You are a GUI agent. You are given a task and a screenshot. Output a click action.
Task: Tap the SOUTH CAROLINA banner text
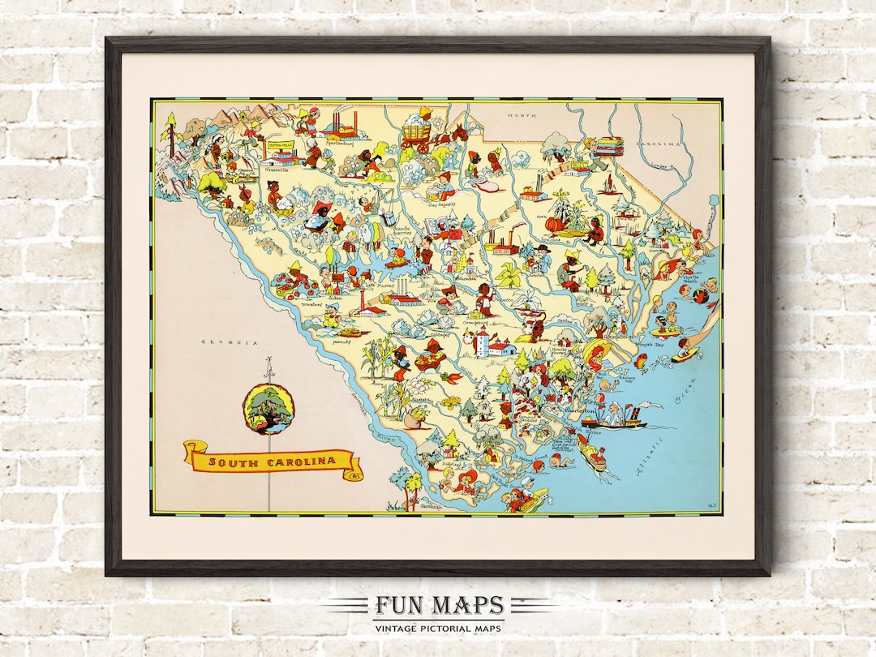273,462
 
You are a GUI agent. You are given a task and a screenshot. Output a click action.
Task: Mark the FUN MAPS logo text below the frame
439,606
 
